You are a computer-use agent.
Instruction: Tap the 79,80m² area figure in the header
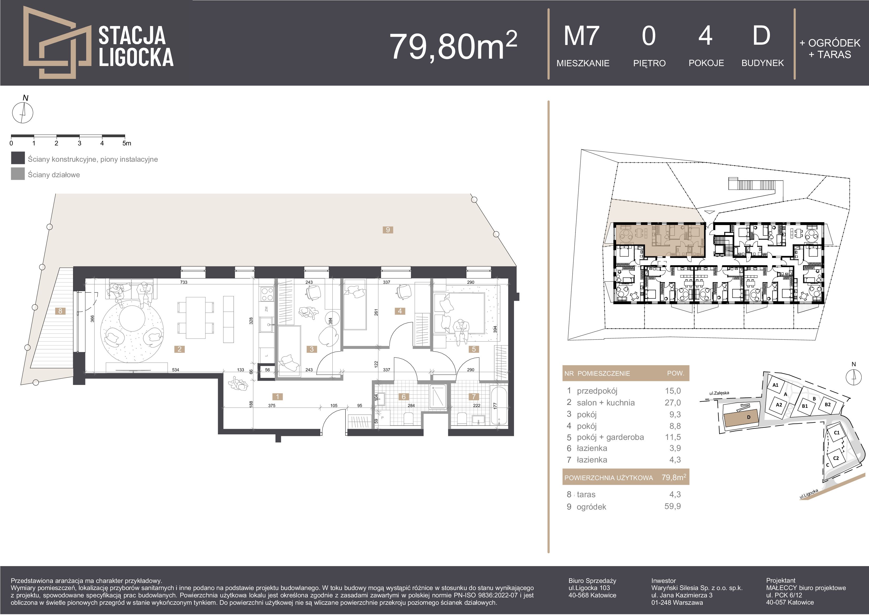454,46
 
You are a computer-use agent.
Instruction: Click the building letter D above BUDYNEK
762,36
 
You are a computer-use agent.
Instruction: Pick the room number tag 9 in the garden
388,230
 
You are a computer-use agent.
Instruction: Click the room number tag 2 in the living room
180,349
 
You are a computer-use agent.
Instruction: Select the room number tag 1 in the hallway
277,397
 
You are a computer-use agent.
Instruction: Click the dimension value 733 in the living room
184,282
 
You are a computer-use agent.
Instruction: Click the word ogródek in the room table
591,507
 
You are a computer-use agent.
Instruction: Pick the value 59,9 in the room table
672,506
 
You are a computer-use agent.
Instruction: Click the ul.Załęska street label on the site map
719,393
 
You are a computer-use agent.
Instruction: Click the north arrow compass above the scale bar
23,113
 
